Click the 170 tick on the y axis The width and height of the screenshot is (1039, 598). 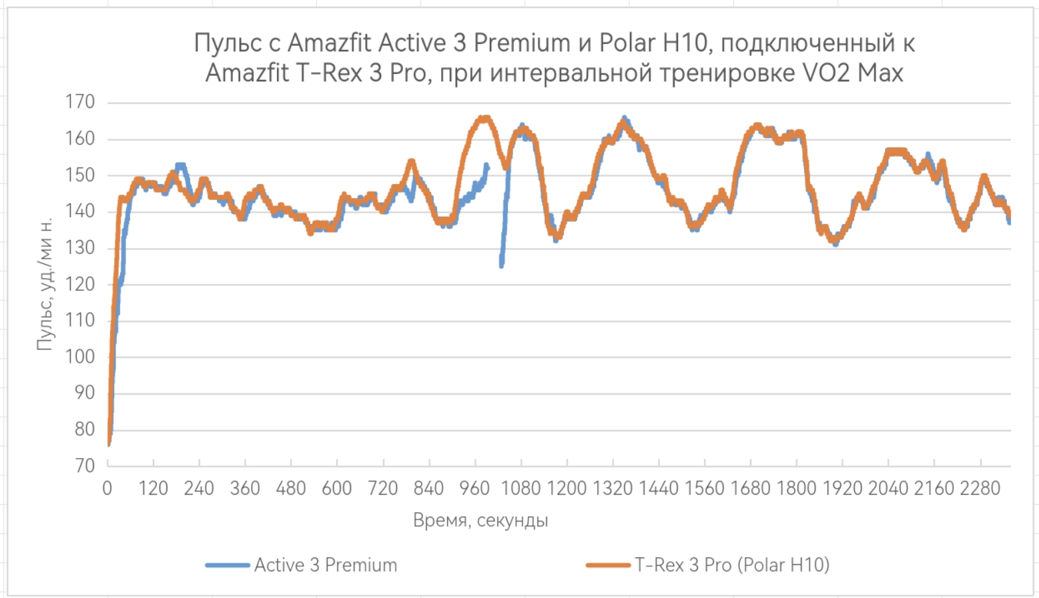pos(80,102)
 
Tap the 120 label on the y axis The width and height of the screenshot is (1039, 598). pos(80,284)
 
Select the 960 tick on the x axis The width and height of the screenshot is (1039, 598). pos(474,489)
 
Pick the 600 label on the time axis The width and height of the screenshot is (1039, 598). pos(336,489)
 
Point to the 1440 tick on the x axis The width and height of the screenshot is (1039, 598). pos(659,489)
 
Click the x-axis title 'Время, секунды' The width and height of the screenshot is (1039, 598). pos(480,520)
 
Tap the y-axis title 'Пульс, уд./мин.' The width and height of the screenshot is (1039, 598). pos(44,284)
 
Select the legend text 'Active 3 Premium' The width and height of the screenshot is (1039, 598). pos(326,565)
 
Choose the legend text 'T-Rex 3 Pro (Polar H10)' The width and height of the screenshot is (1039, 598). pos(732,565)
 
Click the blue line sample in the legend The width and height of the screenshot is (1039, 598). pos(227,565)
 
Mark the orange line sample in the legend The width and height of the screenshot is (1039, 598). pos(608,565)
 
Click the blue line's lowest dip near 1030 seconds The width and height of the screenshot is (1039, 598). pos(501,265)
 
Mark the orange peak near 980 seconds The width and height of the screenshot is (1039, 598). pos(484,119)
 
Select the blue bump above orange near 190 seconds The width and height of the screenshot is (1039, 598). pos(180,165)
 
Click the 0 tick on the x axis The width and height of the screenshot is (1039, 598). pos(107,489)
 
